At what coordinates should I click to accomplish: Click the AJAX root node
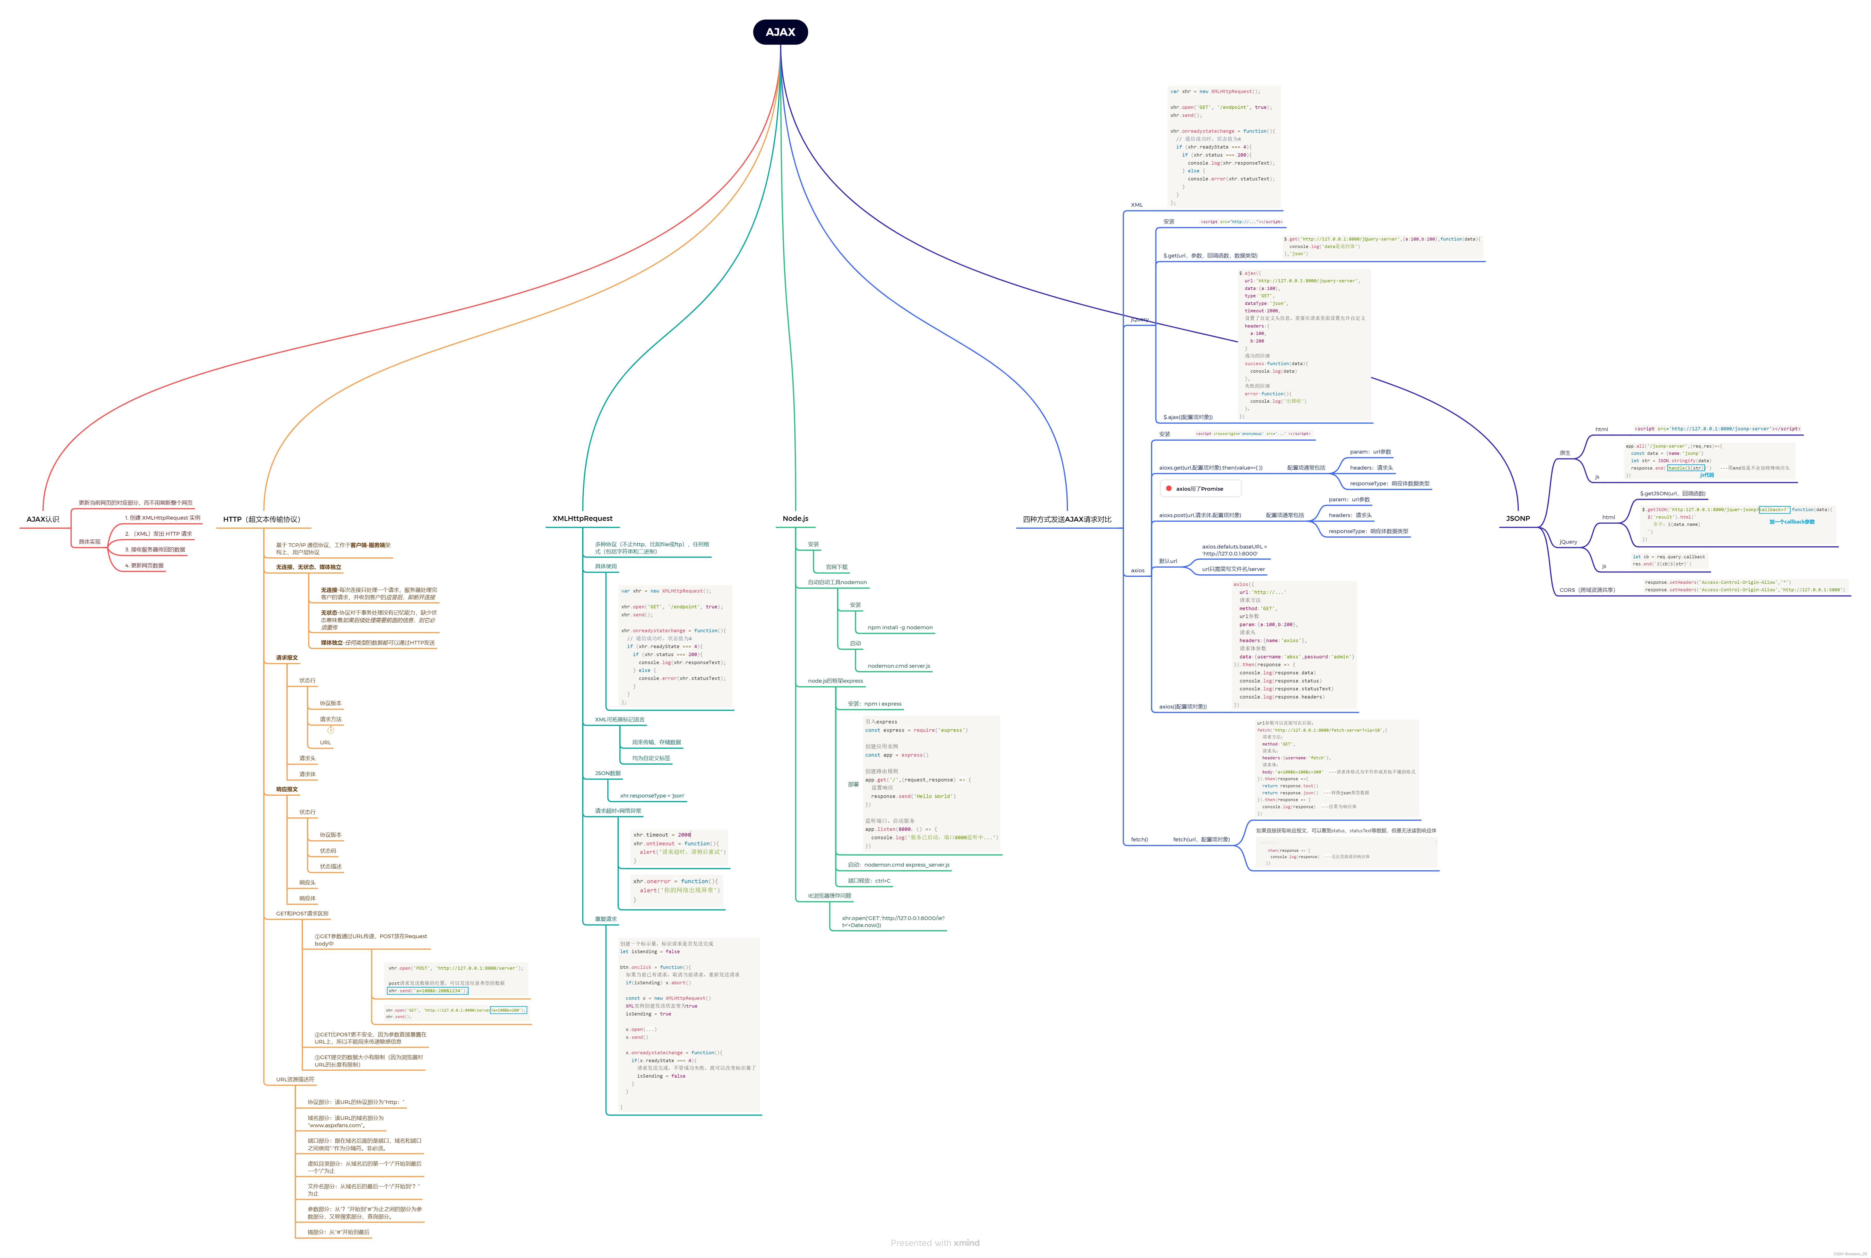pos(780,32)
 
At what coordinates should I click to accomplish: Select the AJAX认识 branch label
pos(43,519)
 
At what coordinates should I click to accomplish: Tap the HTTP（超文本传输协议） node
pos(262,519)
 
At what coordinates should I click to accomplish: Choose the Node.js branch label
pos(795,518)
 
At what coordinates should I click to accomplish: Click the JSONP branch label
pos(1517,518)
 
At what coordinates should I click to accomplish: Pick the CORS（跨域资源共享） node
pos(1587,590)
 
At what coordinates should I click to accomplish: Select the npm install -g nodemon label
pos(900,627)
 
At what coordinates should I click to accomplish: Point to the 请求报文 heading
pos(286,658)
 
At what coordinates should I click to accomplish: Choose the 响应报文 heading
pos(286,789)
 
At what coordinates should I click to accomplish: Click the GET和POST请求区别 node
pos(302,913)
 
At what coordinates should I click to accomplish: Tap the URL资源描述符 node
pos(295,1079)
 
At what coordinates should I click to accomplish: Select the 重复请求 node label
pos(606,919)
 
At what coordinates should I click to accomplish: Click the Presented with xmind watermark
pos(935,1243)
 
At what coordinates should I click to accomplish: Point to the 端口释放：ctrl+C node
pos(869,881)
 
